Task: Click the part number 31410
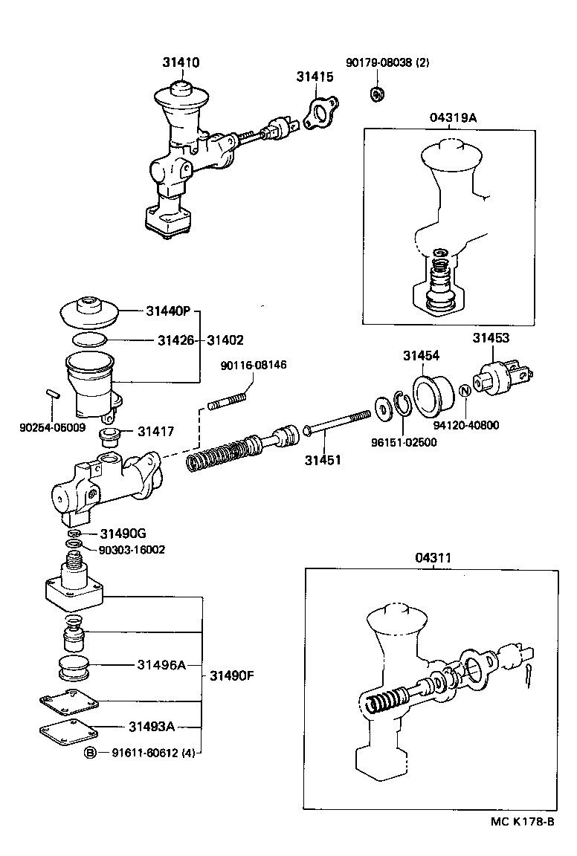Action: coord(181,64)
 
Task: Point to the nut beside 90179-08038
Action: coord(377,94)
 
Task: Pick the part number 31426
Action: coord(175,340)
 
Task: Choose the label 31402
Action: coord(225,340)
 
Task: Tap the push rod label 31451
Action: coord(322,460)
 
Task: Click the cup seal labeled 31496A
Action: coord(74,667)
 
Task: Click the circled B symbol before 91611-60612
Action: coord(89,752)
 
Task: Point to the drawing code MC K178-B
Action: coord(522,821)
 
